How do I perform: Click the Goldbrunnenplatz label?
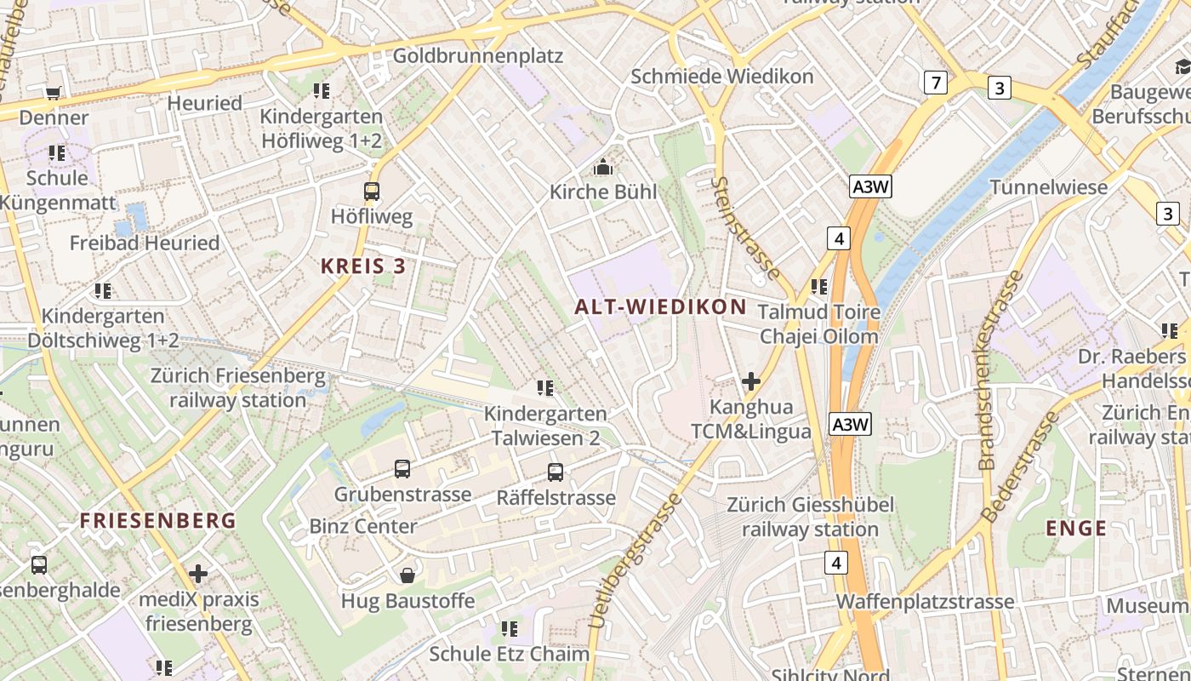point(477,56)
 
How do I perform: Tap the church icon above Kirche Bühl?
point(603,167)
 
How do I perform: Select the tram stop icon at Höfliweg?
point(372,192)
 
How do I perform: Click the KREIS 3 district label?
point(363,266)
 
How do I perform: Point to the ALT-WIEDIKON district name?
point(660,306)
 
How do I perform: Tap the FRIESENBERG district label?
point(158,520)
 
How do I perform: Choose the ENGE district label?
point(1076,528)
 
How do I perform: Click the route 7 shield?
point(936,83)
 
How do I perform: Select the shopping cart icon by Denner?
point(54,92)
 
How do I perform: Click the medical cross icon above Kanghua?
point(750,381)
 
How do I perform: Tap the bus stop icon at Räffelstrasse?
point(556,472)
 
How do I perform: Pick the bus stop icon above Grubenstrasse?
point(402,468)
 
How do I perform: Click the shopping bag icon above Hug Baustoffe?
point(407,575)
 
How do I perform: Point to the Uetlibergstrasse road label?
point(635,562)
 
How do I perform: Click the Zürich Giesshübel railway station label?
point(810,517)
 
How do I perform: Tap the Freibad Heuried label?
point(145,243)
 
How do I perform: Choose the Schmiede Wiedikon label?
point(721,76)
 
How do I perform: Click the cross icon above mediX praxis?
point(198,574)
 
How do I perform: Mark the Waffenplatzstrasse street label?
point(925,602)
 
